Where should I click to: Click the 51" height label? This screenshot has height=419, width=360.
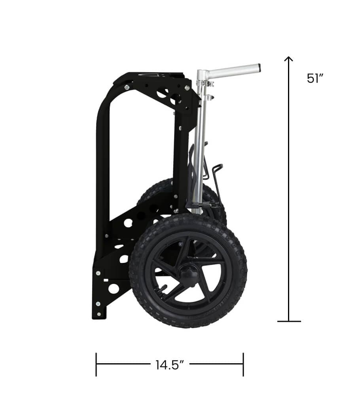pos(315,78)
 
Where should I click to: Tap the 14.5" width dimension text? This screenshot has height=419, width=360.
pos(170,365)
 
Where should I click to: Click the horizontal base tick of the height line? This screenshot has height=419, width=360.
pos(289,321)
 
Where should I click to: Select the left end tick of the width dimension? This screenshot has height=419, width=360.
pos(96,364)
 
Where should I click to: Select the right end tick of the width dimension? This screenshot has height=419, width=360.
pos(243,364)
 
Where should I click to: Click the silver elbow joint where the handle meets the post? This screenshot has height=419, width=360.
pos(202,74)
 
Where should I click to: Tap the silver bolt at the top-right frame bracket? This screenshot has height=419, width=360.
pos(187,88)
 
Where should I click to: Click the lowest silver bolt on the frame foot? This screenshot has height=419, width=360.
pos(99,314)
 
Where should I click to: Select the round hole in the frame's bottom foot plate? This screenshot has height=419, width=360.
pos(114,289)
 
